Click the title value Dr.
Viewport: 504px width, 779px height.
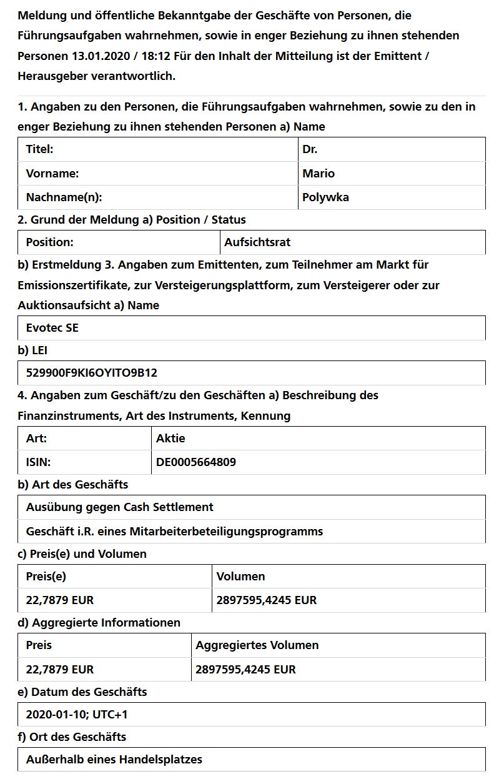point(310,149)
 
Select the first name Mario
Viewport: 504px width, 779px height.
point(319,174)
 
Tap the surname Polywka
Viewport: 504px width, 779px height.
point(325,197)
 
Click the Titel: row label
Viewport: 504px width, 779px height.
point(39,149)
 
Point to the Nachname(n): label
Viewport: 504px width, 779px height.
point(64,197)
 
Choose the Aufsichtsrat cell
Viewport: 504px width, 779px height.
point(257,242)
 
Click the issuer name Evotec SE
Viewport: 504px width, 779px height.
point(52,328)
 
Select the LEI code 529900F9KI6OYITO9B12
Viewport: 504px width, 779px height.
point(92,373)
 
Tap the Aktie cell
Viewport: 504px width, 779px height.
point(170,439)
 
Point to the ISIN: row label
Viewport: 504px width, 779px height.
point(38,462)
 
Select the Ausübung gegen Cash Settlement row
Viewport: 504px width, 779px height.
point(119,507)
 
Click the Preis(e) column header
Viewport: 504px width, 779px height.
point(46,577)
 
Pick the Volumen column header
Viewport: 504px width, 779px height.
point(240,577)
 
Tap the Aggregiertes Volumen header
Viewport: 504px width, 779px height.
point(257,645)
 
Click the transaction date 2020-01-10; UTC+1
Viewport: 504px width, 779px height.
point(77,714)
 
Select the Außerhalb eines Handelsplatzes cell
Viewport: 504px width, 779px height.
point(114,760)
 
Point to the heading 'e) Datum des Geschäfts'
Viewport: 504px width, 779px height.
point(82,692)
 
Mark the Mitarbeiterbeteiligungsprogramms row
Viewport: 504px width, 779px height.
point(174,532)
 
